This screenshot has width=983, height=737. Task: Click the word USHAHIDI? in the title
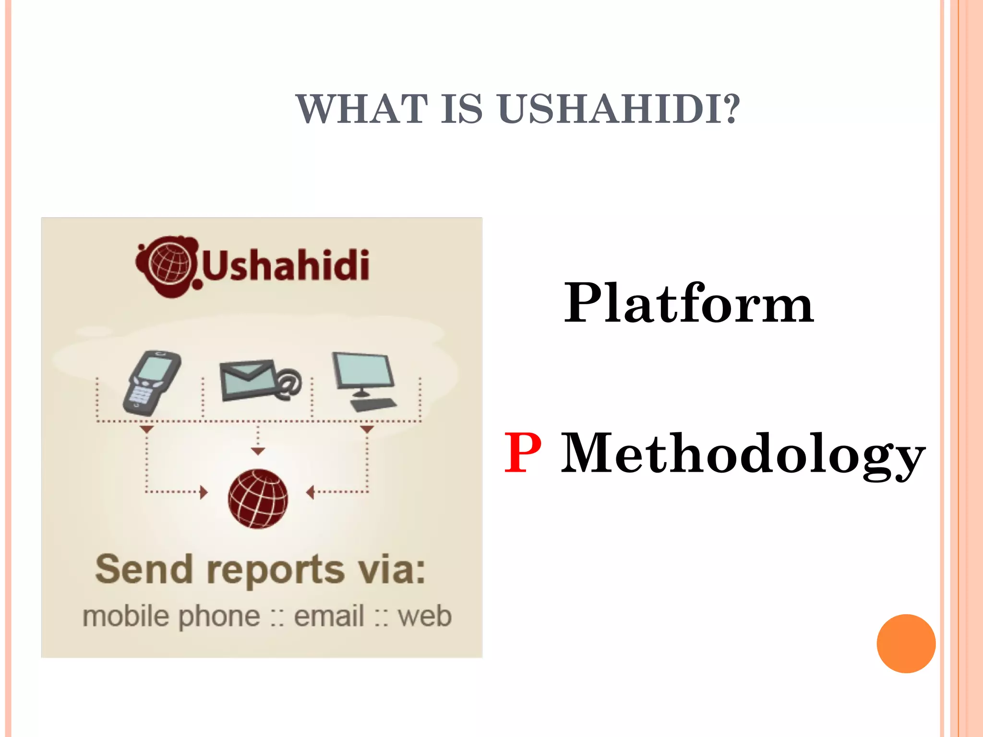pyautogui.click(x=619, y=109)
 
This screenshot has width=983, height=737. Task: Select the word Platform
pyautogui.click(x=688, y=303)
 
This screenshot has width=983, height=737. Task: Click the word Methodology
pyautogui.click(x=743, y=455)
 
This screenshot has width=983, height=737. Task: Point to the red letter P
pyautogui.click(x=523, y=453)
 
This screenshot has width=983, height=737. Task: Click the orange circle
pyautogui.click(x=906, y=643)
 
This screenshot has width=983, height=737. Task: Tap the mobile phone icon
pyautogui.click(x=152, y=383)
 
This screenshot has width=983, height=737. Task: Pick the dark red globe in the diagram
pyautogui.click(x=258, y=499)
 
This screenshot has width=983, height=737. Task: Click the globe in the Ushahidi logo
pyautogui.click(x=169, y=264)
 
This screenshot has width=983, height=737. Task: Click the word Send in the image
pyautogui.click(x=144, y=570)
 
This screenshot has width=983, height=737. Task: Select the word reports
pyautogui.click(x=276, y=571)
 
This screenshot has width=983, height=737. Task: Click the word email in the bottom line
pyautogui.click(x=329, y=616)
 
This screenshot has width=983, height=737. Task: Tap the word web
pyautogui.click(x=425, y=616)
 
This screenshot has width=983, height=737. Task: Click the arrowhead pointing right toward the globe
pyautogui.click(x=204, y=492)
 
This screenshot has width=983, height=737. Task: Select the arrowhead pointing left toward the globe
pyautogui.click(x=310, y=492)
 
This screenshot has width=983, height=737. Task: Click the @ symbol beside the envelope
pyautogui.click(x=288, y=384)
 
